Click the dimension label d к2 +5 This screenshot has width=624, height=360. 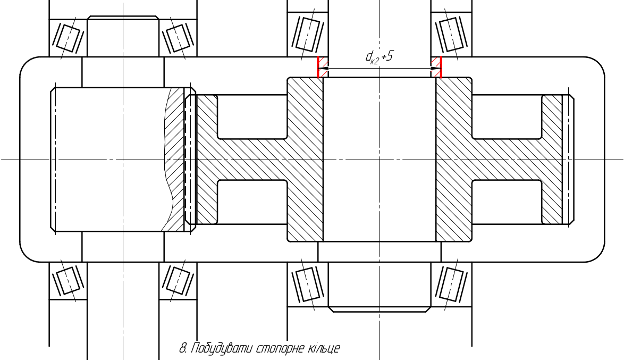(379, 57)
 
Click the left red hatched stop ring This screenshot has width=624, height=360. (322, 67)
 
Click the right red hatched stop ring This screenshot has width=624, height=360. (436, 67)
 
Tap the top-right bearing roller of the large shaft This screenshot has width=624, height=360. (452, 35)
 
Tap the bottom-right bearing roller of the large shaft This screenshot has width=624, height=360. (452, 284)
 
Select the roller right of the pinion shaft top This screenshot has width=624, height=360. (178, 37)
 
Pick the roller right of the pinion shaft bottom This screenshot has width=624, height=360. (178, 281)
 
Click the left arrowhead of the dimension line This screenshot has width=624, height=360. (324, 68)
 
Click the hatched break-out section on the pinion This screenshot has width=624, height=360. (175, 160)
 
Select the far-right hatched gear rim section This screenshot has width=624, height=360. (552, 160)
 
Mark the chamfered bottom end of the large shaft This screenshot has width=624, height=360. (380, 309)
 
